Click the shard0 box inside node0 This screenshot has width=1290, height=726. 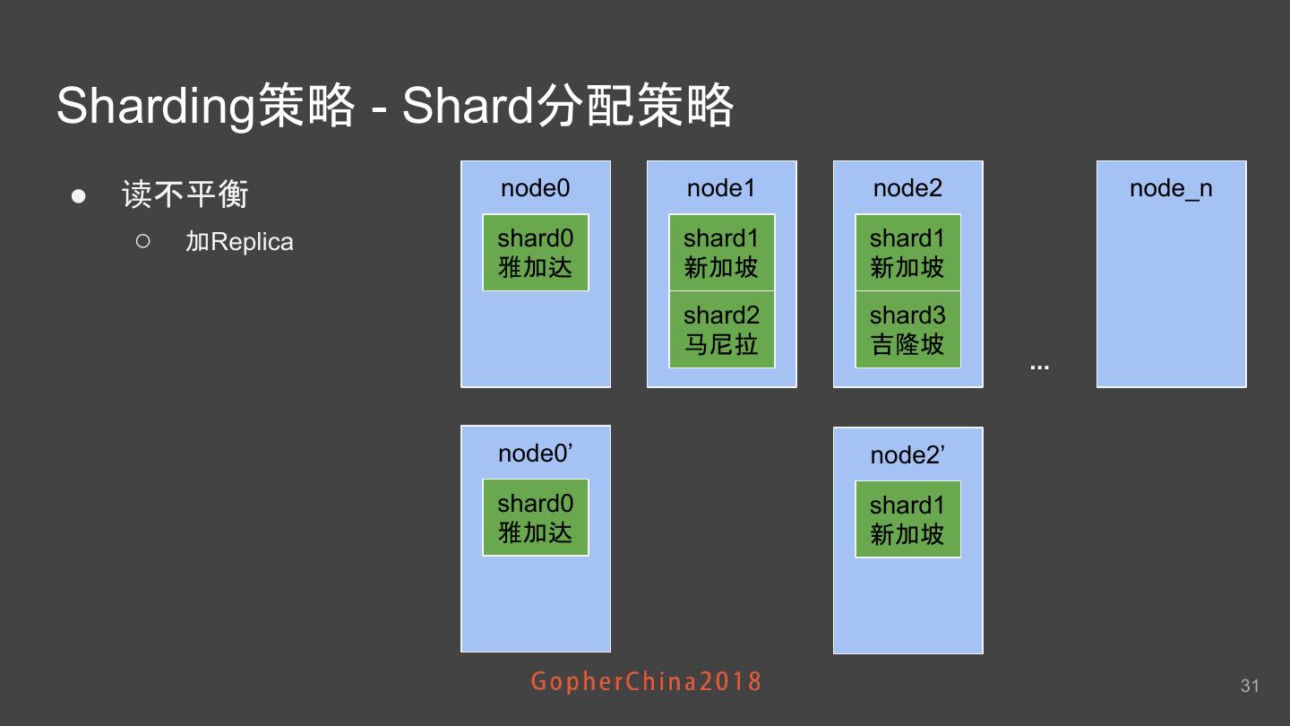pos(535,253)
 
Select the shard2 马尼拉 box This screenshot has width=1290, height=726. pos(721,330)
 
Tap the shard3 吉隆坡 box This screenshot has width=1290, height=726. pos(907,330)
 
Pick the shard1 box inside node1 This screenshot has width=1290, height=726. pos(721,253)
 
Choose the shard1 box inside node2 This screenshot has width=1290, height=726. pos(907,253)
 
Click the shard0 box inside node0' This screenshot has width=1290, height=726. pos(535,518)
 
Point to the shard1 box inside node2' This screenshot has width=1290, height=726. pos(907,520)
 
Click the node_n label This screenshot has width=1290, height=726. pos(1171,189)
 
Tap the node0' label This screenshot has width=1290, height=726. pos(535,454)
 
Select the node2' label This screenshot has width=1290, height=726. pos(907,455)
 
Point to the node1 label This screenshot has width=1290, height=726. pos(721,188)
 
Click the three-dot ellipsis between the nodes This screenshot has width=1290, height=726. pos(1039,367)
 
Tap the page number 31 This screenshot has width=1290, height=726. pos(1250,686)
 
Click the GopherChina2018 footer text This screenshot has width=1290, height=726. pos(646,681)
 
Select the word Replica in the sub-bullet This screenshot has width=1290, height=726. pos(252,243)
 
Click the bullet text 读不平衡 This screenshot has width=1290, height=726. pos(185,194)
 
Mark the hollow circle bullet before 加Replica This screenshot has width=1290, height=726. pos(143,241)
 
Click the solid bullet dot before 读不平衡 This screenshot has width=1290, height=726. pos(79,195)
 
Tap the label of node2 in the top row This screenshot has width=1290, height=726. pos(907,188)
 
